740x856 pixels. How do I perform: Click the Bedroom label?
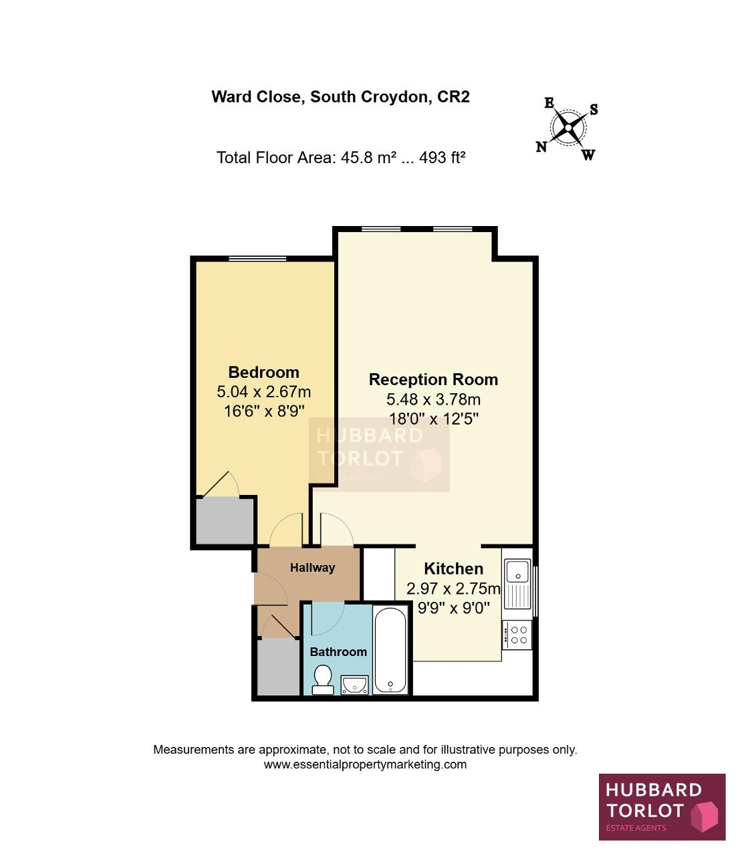pos(263,372)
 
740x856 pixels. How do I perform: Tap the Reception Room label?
pos(433,380)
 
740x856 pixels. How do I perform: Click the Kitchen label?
pos(454,569)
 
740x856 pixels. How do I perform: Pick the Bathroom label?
pos(338,652)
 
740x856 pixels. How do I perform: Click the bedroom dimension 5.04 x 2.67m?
pos(263,392)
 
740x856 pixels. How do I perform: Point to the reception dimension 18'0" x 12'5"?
pos(433,419)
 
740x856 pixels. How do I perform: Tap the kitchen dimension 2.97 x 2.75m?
pos(453,588)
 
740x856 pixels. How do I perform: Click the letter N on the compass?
pos(541,146)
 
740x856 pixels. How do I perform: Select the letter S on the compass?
pos(594,109)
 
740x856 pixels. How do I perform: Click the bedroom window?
pos(257,258)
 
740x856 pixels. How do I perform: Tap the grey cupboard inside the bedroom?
pos(225,521)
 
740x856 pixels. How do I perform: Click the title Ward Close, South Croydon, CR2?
pos(341,97)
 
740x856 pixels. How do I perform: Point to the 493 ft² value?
pos(442,158)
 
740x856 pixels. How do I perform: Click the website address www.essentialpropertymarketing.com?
pos(365,764)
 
